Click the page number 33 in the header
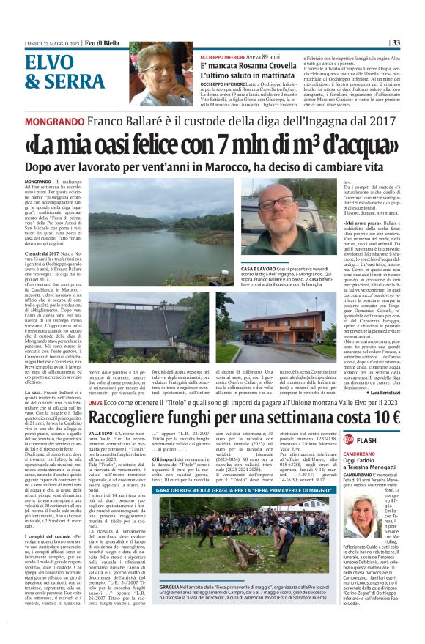(x=415, y=42)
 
